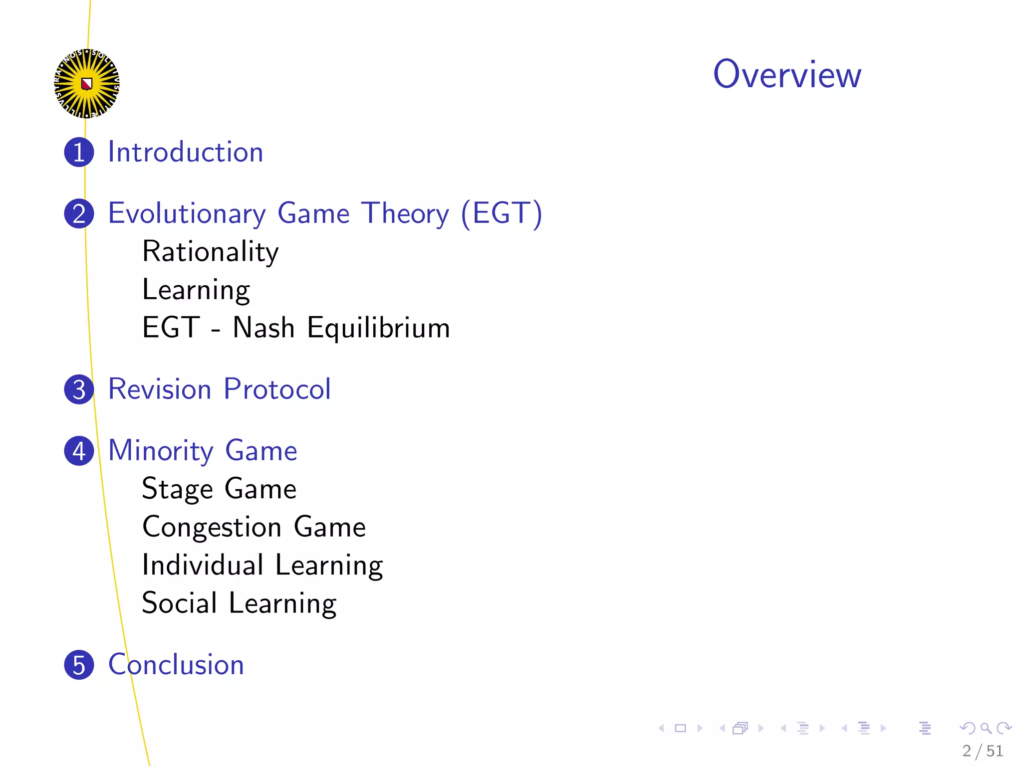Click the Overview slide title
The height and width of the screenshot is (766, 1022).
787,75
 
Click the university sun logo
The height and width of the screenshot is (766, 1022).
87,84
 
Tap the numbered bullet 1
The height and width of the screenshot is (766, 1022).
79,152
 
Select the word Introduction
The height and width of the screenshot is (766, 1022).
186,152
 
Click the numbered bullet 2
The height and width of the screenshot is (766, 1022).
79,214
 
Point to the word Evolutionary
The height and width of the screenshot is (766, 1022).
187,214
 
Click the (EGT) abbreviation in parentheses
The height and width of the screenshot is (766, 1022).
501,214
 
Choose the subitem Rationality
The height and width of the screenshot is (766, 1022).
210,251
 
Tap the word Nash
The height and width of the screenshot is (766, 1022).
263,328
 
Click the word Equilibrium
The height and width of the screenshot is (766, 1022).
378,328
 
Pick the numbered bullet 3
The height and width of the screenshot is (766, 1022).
79,389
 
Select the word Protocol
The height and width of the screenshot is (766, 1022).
277,389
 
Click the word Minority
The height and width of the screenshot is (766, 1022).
161,451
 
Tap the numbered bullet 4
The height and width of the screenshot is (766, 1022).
79,451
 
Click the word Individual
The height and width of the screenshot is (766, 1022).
202,566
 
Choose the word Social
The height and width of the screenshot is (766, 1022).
179,603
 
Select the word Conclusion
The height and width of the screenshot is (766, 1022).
176,665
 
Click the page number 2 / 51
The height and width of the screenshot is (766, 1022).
982,751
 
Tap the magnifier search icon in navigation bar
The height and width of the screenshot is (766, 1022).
986,729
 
